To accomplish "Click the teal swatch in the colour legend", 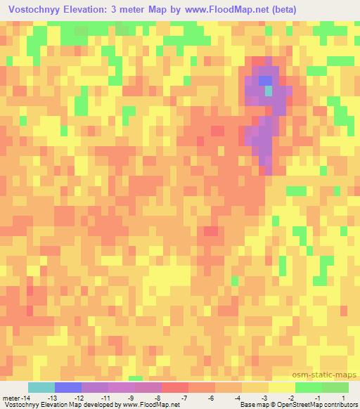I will tap(41, 387).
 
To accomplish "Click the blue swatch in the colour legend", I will tap(68, 387).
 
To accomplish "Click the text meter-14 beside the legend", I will tap(15, 398).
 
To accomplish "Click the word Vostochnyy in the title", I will tap(34, 10).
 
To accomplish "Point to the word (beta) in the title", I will tap(285, 10).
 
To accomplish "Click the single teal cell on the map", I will tap(268, 91).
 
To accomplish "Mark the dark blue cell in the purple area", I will tap(265, 80).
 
